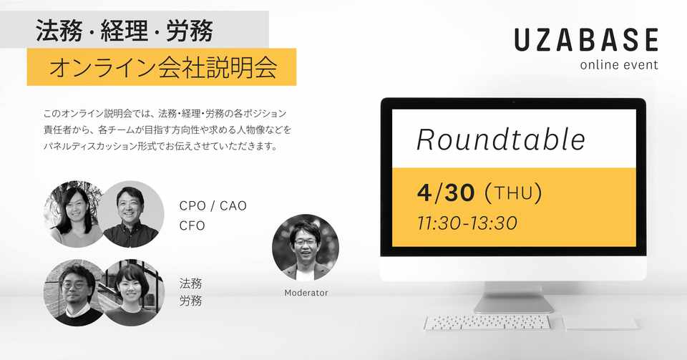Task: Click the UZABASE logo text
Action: [x=586, y=39]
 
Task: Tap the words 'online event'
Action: [x=618, y=65]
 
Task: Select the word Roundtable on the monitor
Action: [x=501, y=140]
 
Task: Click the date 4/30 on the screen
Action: [x=446, y=193]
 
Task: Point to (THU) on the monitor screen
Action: [x=513, y=193]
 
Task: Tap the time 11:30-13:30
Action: [x=467, y=223]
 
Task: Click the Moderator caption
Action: [x=306, y=293]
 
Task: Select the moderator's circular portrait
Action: [x=306, y=248]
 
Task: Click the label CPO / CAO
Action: [x=213, y=206]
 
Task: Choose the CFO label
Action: [x=193, y=225]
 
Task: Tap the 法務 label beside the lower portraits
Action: [x=190, y=283]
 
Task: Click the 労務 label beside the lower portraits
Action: [x=190, y=301]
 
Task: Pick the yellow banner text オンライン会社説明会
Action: [x=163, y=67]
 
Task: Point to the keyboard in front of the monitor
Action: [x=487, y=323]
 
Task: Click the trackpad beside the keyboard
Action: [x=600, y=323]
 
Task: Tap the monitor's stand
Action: [x=514, y=297]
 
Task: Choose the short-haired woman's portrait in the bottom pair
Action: [x=133, y=293]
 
